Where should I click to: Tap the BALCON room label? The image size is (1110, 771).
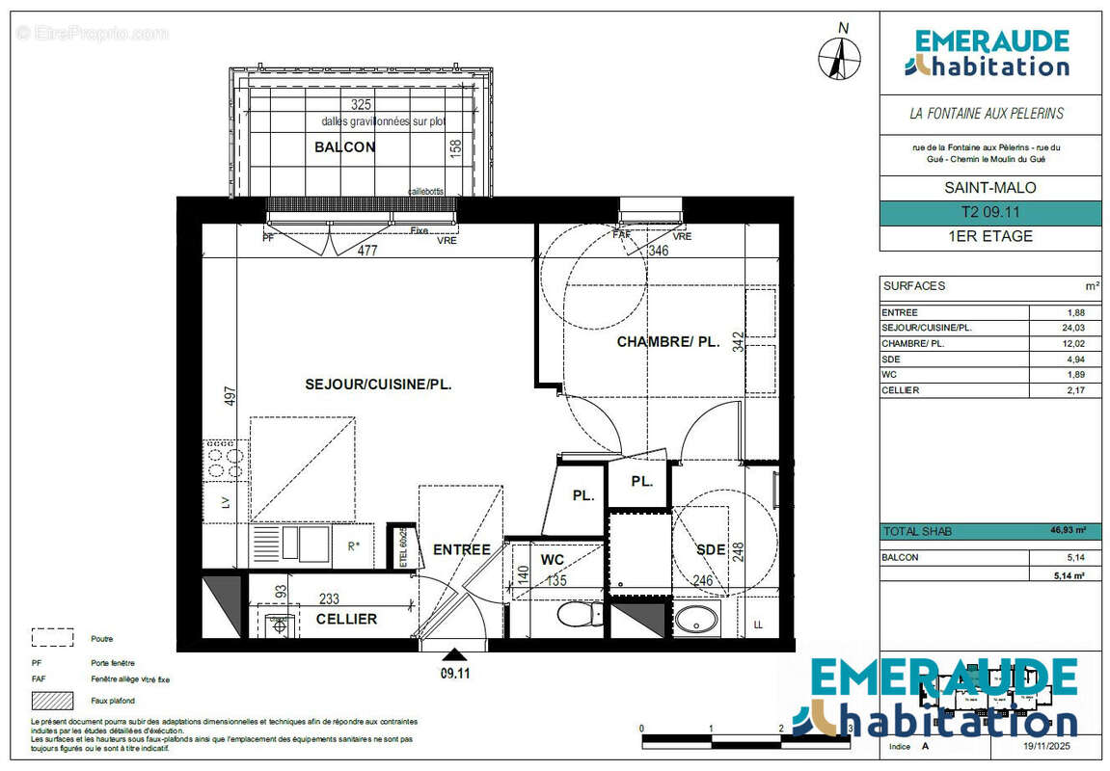[x=344, y=147]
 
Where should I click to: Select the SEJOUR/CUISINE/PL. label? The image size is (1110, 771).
[x=378, y=384]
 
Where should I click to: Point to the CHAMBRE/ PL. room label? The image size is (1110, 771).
[x=668, y=341]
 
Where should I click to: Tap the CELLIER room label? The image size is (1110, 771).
[x=346, y=619]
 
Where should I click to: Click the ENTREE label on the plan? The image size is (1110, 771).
[x=461, y=550]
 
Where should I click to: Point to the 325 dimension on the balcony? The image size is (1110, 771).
[x=361, y=104]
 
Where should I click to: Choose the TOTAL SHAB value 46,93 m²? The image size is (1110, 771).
[x=1068, y=531]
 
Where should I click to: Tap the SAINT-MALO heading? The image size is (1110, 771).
[x=990, y=188]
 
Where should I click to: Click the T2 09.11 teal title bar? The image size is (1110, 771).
[x=990, y=213]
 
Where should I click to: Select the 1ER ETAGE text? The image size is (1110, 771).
[x=990, y=236]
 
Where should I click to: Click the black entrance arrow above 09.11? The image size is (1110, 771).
[x=453, y=656]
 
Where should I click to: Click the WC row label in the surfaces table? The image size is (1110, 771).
[x=888, y=374]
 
